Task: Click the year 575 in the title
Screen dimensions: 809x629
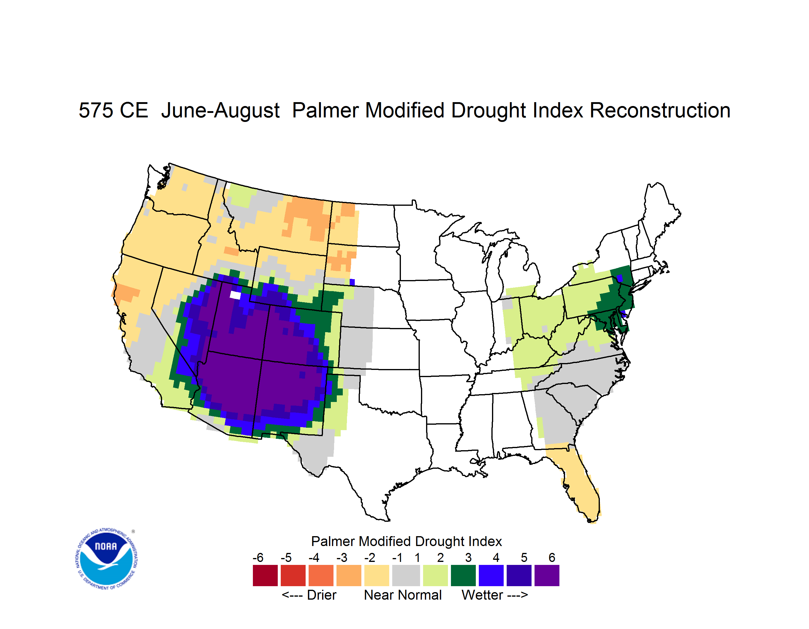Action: tap(95, 110)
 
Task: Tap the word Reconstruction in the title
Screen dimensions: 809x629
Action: tap(660, 110)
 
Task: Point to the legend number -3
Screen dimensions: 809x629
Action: tap(342, 557)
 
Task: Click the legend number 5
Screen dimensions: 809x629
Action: tap(524, 557)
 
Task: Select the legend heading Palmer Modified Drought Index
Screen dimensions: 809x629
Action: tap(406, 541)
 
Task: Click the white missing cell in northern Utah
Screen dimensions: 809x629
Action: tap(235, 295)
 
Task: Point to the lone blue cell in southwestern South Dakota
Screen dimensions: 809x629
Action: tap(352, 282)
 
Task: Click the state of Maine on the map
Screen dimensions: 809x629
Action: tap(659, 215)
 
